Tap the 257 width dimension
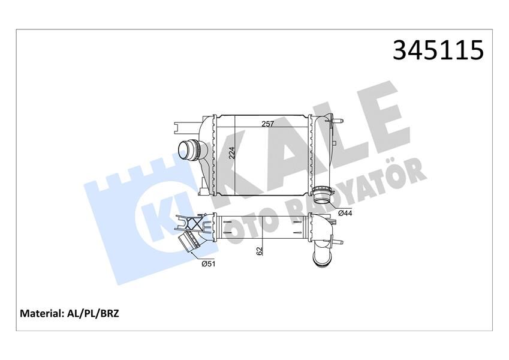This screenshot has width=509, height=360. pos(267,124)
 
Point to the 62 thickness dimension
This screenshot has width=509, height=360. pos(259,251)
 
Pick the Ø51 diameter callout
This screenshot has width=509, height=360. pos(208,263)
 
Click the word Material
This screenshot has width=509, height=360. pos(42,313)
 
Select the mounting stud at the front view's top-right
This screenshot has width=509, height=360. pos(339,122)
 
